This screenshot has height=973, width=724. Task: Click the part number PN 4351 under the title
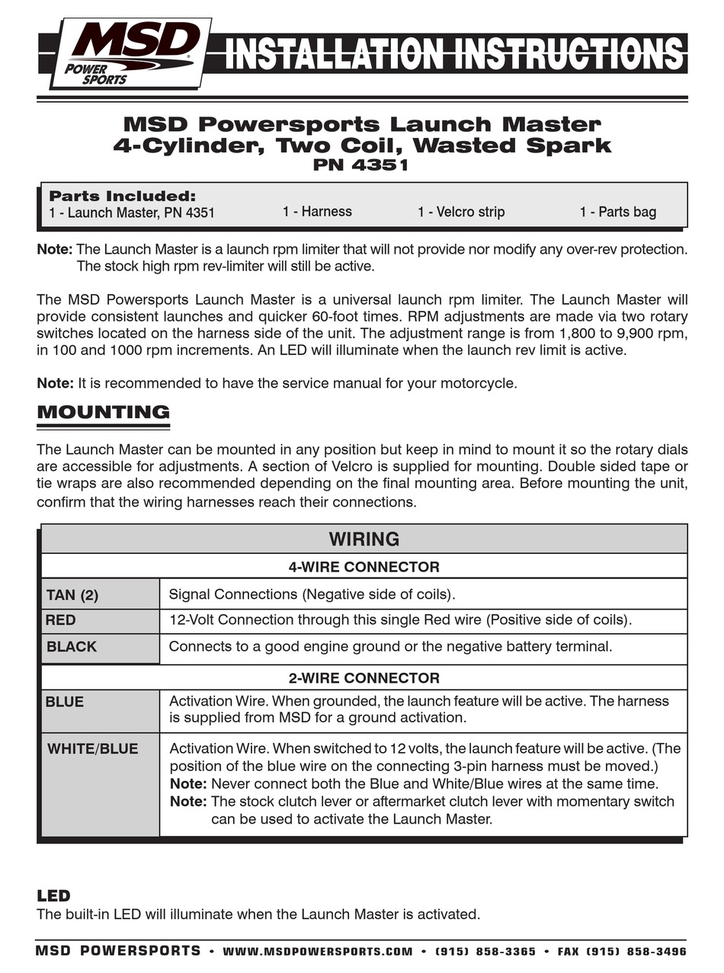click(361, 165)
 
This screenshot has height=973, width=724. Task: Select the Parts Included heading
click(122, 197)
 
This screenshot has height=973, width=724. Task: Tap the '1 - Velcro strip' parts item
click(461, 212)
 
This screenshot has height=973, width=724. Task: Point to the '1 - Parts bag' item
click(617, 212)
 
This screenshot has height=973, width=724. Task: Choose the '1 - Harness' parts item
click(317, 212)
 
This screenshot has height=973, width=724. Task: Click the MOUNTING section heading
click(103, 413)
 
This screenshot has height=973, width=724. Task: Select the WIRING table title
click(364, 539)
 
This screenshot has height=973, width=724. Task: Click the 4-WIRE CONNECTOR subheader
click(364, 567)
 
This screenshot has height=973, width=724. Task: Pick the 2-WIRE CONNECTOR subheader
click(364, 678)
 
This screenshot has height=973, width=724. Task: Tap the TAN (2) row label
click(72, 595)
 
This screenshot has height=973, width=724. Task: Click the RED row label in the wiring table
click(61, 620)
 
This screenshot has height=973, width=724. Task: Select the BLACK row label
click(72, 647)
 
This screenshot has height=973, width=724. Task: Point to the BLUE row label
click(65, 702)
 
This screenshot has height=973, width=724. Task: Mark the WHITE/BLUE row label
click(93, 748)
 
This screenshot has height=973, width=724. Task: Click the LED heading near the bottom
click(53, 896)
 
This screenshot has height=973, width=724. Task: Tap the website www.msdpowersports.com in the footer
click(318, 952)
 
